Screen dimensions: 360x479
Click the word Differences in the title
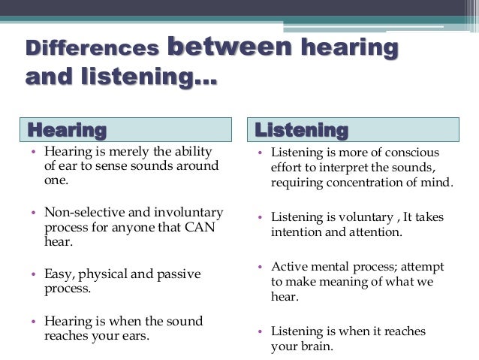tap(92, 49)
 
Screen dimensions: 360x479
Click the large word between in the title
tap(228, 46)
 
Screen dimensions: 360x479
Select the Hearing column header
tap(67, 130)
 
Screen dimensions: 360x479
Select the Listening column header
tap(301, 130)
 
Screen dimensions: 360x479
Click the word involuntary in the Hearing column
tap(182, 212)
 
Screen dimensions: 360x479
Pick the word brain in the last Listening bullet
tap(315, 346)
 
